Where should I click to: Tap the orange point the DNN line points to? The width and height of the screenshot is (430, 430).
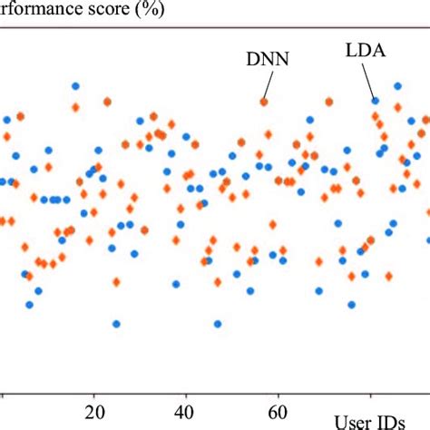tap(264, 102)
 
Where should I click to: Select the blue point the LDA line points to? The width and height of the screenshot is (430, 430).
tap(374, 101)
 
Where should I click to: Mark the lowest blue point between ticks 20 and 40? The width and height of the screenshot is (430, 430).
tap(116, 323)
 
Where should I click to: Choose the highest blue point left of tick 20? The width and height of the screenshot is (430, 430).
tap(75, 86)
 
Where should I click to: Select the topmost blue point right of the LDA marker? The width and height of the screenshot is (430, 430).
tap(397, 86)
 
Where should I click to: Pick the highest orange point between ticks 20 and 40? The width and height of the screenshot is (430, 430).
tap(107, 102)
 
